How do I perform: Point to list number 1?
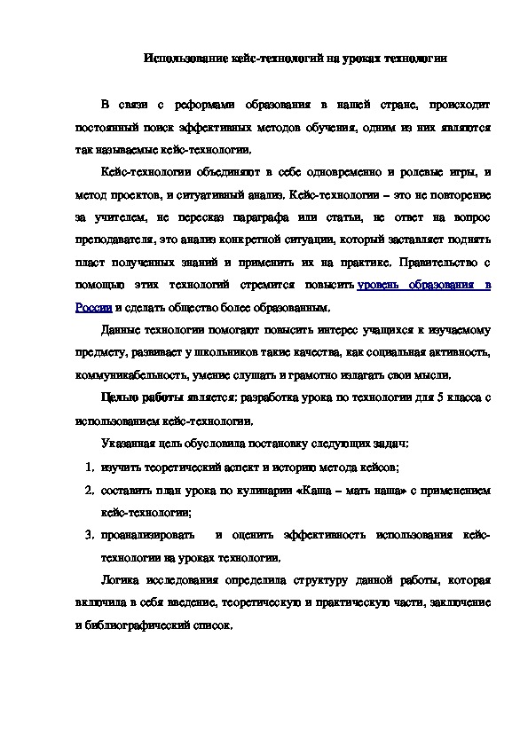(90, 466)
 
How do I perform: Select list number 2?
(90, 490)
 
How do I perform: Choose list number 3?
(90, 535)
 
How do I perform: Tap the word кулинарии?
(270, 490)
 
